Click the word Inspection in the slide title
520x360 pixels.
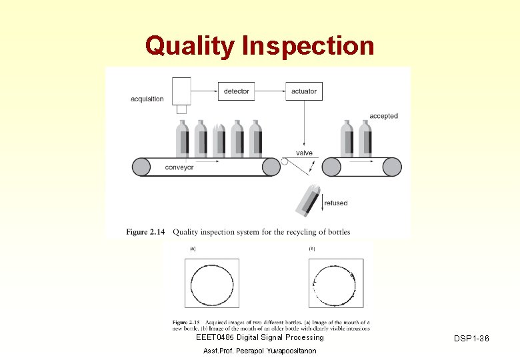click(309, 47)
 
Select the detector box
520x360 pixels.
click(236, 91)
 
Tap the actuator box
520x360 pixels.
click(304, 91)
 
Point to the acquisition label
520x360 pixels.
click(147, 99)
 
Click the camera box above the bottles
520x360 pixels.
click(181, 91)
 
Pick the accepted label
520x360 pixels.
click(383, 116)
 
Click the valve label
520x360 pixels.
click(304, 153)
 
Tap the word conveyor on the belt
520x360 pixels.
click(179, 167)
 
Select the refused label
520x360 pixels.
click(335, 203)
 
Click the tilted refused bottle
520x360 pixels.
click(308, 201)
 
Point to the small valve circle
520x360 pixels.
click(285, 161)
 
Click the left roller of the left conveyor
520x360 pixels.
click(141, 167)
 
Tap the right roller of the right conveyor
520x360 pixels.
click(392, 167)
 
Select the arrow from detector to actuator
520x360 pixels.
click(269, 91)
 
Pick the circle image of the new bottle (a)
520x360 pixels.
click(211, 283)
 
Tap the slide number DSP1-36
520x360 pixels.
click(471, 339)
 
